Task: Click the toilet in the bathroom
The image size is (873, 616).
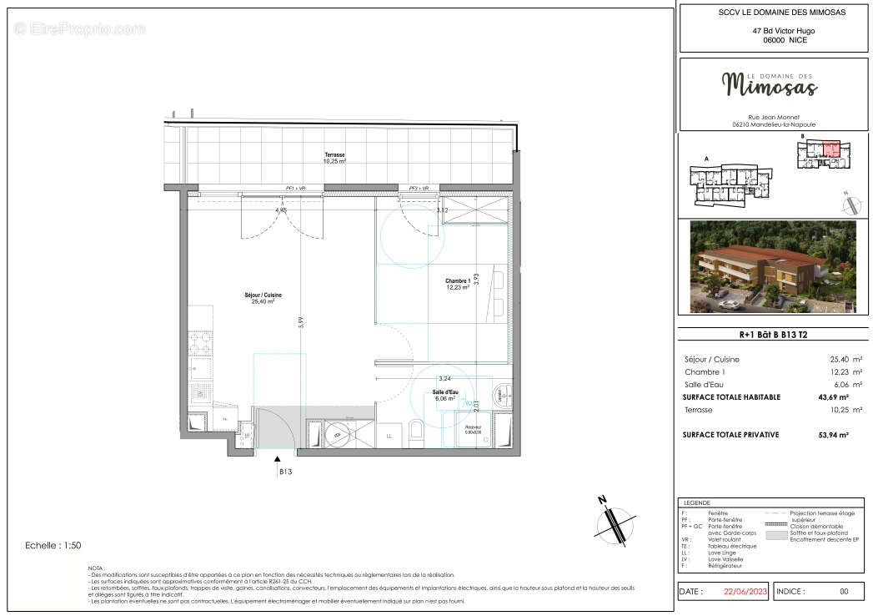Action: (417, 432)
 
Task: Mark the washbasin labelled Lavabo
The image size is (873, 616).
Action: (502, 396)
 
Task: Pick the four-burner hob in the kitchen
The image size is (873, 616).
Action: (201, 343)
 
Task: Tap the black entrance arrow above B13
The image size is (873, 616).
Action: (278, 456)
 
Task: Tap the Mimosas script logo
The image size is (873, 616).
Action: (769, 83)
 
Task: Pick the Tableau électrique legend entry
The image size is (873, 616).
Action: (731, 546)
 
